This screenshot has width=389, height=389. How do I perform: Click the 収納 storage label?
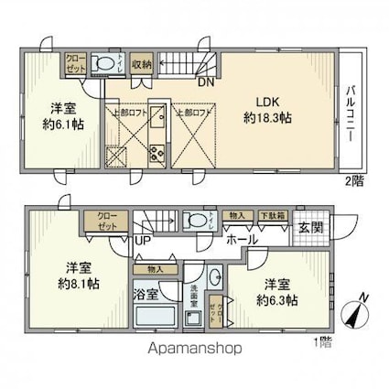141,63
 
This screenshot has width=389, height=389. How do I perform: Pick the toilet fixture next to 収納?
106,63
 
